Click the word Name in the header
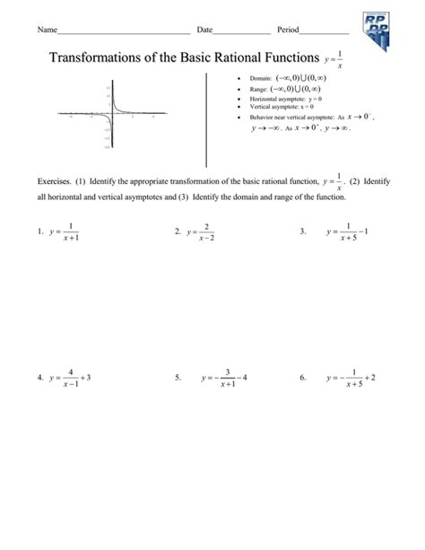click(x=46, y=31)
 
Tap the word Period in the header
click(x=289, y=31)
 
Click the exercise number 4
click(x=39, y=378)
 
